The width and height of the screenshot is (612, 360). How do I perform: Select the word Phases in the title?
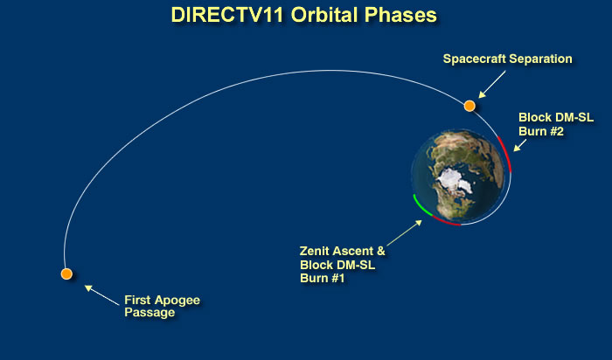click(x=400, y=15)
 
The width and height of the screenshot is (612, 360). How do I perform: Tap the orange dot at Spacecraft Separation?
click(x=469, y=106)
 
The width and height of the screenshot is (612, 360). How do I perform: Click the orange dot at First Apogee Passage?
click(x=66, y=273)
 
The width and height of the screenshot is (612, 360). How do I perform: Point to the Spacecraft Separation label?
click(x=507, y=59)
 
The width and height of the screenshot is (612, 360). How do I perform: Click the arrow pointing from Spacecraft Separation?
click(x=492, y=84)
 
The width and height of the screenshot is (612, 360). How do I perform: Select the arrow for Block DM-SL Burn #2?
click(x=520, y=145)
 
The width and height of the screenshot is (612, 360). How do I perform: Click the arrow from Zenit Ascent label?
click(x=404, y=232)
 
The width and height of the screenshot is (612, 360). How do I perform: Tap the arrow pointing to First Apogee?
click(x=102, y=294)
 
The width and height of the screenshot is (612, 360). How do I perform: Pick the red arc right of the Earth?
click(x=506, y=154)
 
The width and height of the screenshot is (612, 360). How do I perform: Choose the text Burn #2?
click(x=541, y=131)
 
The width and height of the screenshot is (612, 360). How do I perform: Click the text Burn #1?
click(x=323, y=278)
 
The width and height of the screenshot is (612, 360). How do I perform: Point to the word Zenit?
click(x=315, y=251)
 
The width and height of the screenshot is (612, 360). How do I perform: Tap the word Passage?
click(x=150, y=313)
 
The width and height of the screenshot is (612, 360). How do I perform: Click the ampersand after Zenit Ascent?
click(x=380, y=251)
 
